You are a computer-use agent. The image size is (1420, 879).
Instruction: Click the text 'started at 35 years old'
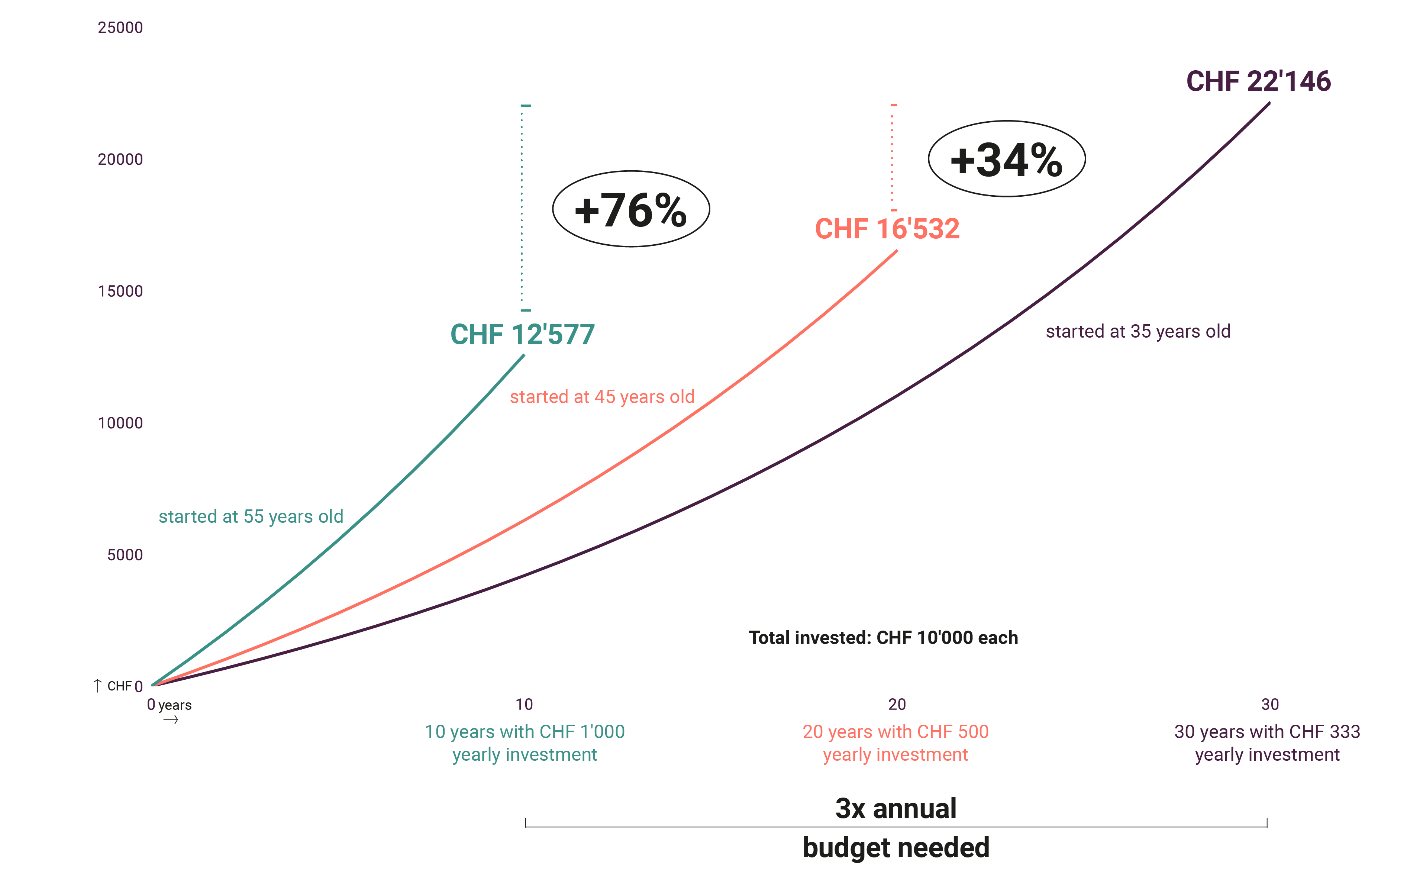point(1137,331)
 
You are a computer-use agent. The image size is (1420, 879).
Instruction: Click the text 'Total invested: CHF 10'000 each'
point(883,638)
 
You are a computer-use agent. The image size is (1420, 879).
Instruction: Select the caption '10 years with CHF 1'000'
point(525,732)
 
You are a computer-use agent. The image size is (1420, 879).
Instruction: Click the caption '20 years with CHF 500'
point(895,732)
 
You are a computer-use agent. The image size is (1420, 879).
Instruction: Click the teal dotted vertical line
point(522,209)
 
